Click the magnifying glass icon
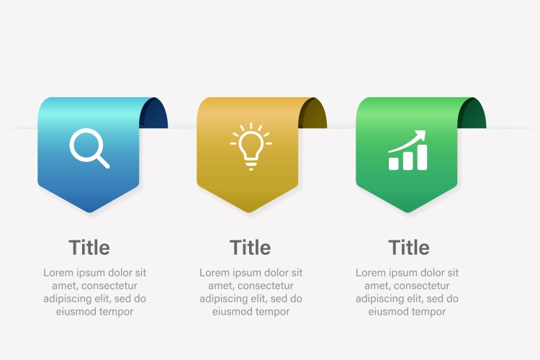coord(89,148)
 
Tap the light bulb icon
coord(251,146)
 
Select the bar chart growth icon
coord(408,150)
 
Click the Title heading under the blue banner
coord(89,248)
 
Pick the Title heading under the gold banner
coord(251,248)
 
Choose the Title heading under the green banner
coord(409,248)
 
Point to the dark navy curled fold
coord(154,113)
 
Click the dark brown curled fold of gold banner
coord(313,113)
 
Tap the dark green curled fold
coord(472,113)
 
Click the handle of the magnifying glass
coord(103,161)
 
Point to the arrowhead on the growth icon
coord(421,135)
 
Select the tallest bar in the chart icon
coord(422,157)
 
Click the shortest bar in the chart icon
coord(394,163)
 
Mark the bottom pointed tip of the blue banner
coord(89,212)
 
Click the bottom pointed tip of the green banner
coord(408,212)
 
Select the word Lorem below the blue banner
coord(58,273)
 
